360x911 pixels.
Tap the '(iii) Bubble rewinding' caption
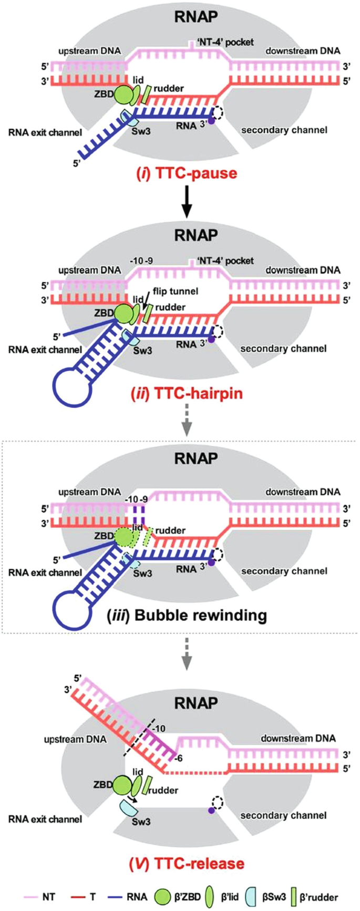tap(187, 615)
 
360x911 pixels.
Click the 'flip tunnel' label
tap(169, 291)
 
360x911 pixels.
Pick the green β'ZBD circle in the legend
tap(166, 896)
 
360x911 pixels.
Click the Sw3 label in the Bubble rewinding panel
tap(142, 574)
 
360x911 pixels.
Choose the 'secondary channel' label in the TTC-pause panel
tap(284, 130)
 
